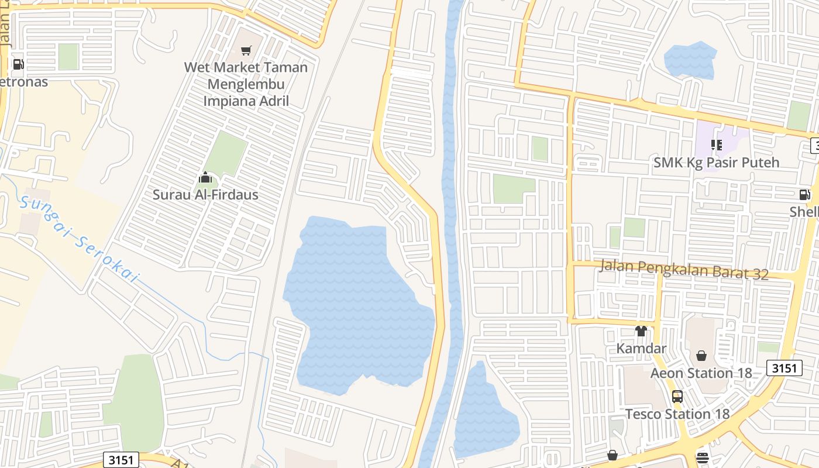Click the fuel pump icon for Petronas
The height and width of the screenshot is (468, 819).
(18, 64)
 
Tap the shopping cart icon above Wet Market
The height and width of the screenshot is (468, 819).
(246, 51)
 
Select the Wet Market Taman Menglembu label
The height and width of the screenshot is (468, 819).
(246, 84)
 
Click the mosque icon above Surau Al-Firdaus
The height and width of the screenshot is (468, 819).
(205, 177)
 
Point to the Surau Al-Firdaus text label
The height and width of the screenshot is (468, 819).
(205, 195)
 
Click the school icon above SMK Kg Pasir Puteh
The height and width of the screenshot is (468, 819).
(716, 145)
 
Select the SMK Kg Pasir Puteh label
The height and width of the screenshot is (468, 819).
(716, 163)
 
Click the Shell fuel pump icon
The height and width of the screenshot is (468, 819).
(805, 195)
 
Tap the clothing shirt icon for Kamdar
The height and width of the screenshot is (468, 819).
(641, 331)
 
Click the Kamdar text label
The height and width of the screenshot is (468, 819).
(641, 349)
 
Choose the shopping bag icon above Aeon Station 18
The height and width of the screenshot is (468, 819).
(701, 356)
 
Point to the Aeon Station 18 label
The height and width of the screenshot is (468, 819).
(701, 373)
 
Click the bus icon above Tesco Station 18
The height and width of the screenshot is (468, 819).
(677, 397)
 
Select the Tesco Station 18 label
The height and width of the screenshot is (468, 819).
(677, 414)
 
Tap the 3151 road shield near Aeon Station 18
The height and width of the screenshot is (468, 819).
(783, 368)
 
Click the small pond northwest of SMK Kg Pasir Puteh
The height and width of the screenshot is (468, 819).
(690, 60)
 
